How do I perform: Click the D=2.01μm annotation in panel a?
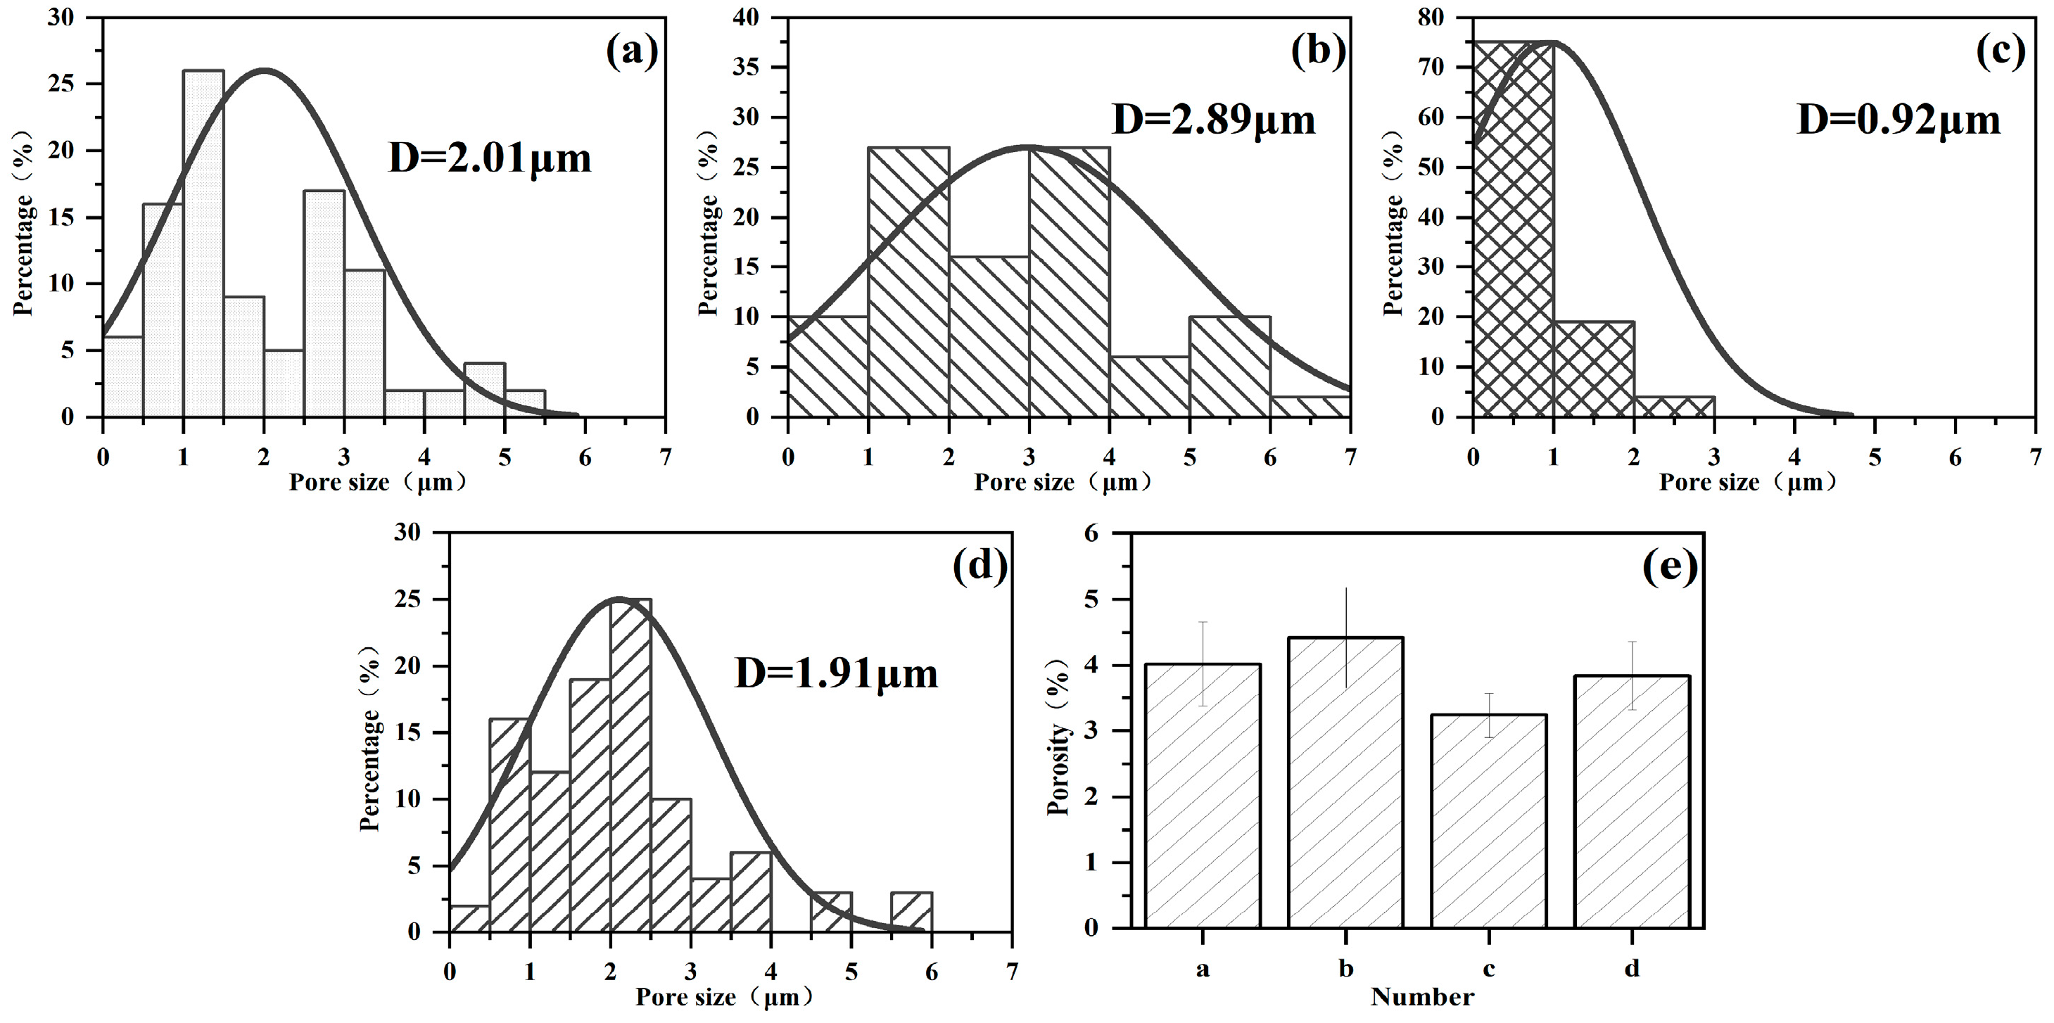pyautogui.click(x=490, y=158)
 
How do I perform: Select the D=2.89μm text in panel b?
pyautogui.click(x=1214, y=120)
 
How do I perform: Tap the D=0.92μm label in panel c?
pyautogui.click(x=1898, y=120)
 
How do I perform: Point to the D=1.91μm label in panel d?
pyautogui.click(x=836, y=674)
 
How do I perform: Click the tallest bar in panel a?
pyautogui.click(x=203, y=243)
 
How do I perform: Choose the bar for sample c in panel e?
pyautogui.click(x=1489, y=821)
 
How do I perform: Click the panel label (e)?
pyautogui.click(x=1670, y=567)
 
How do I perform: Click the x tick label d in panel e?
pyautogui.click(x=1633, y=969)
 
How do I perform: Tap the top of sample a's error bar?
pyautogui.click(x=1203, y=622)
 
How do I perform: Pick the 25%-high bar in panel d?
pyautogui.click(x=630, y=765)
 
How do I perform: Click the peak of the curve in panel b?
pyautogui.click(x=1029, y=147)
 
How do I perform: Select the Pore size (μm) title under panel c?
pyautogui.click(x=1748, y=483)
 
